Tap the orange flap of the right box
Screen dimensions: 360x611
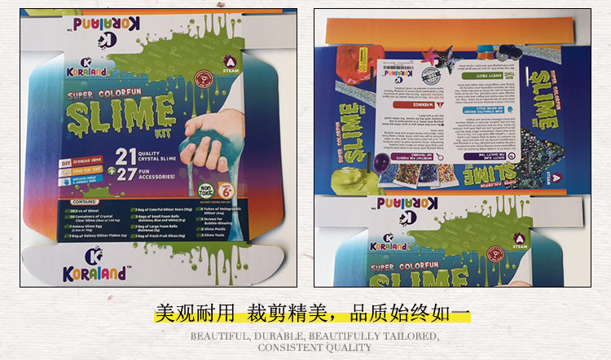click(449, 30)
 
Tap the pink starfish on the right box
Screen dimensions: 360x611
click(429, 55)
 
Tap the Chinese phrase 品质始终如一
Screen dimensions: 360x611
click(411, 314)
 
